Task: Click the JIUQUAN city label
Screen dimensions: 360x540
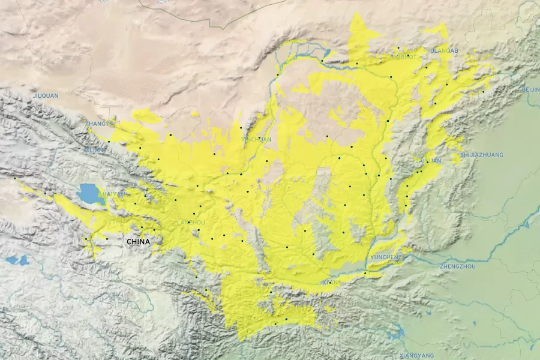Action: (46, 95)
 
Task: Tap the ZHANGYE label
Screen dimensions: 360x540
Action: (99, 124)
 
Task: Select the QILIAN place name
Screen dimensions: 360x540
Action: (95, 150)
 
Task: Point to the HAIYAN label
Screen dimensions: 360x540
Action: (114, 194)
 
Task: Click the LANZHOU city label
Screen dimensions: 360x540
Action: (191, 223)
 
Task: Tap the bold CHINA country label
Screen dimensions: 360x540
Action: (138, 242)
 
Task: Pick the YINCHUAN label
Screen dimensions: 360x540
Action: (256, 139)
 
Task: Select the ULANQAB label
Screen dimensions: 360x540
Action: (444, 51)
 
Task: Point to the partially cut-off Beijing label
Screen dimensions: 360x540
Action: (530, 89)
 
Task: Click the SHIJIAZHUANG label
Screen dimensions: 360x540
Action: (482, 155)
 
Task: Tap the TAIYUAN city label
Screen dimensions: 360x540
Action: (428, 161)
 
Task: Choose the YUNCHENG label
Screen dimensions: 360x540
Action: (387, 257)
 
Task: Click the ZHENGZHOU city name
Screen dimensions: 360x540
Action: (457, 266)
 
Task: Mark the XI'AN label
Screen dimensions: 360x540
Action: (331, 282)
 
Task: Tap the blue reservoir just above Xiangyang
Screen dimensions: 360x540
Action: (395, 333)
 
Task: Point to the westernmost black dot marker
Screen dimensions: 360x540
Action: (14, 178)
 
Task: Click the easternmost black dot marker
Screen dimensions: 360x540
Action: (483, 92)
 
